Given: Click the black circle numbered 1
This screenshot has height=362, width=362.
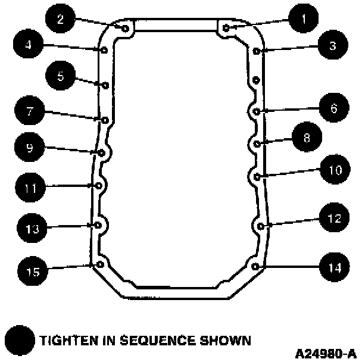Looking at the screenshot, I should (304, 20).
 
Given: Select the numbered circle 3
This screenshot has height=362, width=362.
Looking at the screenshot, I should (332, 45).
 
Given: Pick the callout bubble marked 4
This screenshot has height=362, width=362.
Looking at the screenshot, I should (27, 44).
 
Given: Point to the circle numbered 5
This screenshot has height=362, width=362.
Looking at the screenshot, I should (61, 76).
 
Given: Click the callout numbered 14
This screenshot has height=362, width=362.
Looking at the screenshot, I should (333, 267).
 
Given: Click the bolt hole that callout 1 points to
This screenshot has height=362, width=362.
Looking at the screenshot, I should (226, 27).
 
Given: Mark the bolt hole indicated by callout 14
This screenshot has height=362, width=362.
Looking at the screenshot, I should (255, 266).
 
